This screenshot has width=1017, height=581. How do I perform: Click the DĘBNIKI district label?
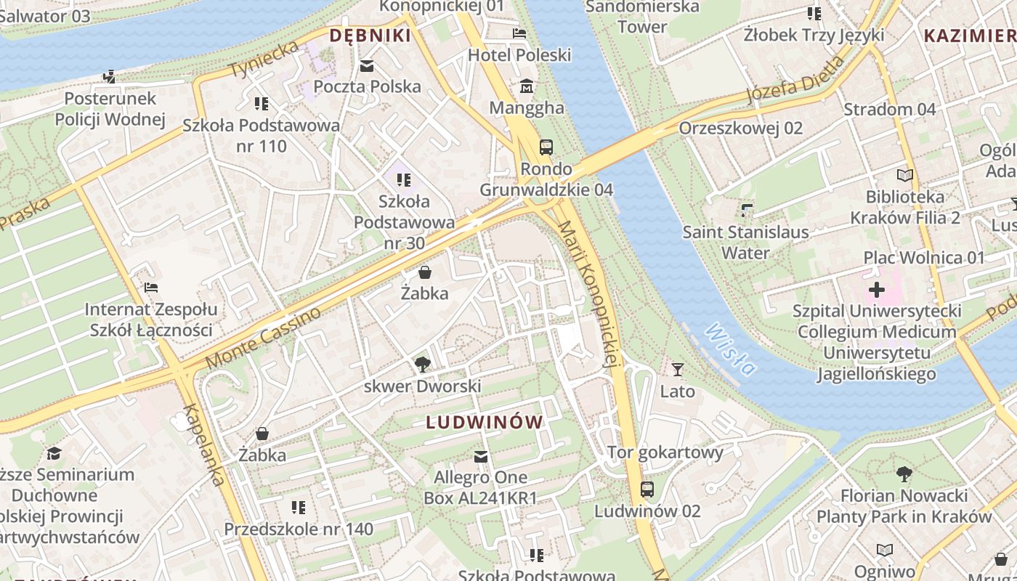[370, 35]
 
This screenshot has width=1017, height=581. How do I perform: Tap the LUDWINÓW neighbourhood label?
[485, 422]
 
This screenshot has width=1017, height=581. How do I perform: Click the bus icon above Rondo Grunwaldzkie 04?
[546, 147]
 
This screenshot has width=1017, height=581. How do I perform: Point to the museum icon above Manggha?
[527, 86]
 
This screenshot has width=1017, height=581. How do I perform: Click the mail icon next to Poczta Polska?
[367, 66]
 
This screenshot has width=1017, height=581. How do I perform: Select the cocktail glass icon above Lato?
[678, 370]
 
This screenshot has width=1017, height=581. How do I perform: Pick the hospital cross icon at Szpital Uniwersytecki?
[877, 290]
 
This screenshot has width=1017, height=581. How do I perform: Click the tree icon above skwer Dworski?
[421, 364]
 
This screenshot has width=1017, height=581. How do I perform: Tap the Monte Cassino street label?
[263, 338]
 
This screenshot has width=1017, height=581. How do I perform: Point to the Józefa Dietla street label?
[796, 80]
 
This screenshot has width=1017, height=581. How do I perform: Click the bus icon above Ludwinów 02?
[647, 489]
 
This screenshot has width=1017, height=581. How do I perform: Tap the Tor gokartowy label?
[665, 452]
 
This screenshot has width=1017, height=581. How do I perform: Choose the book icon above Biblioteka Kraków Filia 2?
[904, 175]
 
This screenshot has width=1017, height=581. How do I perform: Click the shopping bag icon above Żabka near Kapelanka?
[262, 434]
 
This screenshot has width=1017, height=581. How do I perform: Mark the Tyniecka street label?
[264, 60]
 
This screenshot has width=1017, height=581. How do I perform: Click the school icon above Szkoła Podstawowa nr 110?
[262, 104]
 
